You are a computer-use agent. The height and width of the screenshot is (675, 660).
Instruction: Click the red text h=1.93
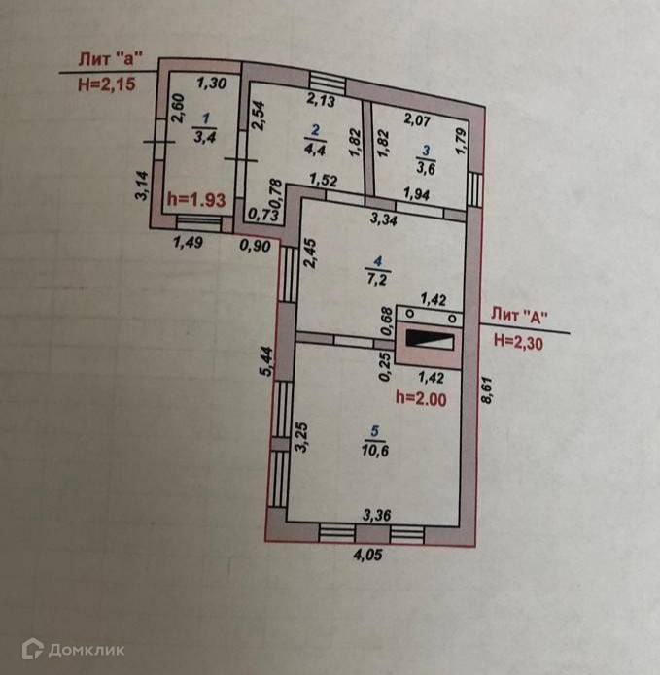tap(196, 199)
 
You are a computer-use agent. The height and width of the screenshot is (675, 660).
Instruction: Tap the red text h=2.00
tap(422, 397)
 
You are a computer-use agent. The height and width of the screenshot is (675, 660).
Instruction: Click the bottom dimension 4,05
tap(369, 557)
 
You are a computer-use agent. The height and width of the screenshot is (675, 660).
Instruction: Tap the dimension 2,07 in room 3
tap(417, 120)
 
